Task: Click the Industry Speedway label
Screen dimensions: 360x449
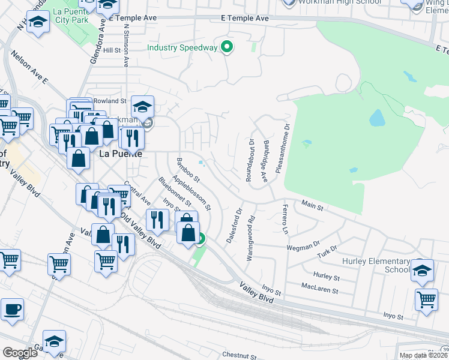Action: (182, 47)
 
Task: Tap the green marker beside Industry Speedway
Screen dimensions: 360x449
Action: (227, 47)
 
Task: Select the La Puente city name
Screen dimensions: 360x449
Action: (120, 153)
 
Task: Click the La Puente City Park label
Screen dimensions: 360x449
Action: (71, 16)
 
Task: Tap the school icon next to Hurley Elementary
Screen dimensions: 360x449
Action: (423, 271)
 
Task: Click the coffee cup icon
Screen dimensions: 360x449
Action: (12, 310)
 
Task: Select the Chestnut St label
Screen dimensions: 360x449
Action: (239, 355)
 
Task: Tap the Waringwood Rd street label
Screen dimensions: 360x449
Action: (250, 238)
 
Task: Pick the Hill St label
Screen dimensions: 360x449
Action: (112, 50)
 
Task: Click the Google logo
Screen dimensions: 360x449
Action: (20, 353)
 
